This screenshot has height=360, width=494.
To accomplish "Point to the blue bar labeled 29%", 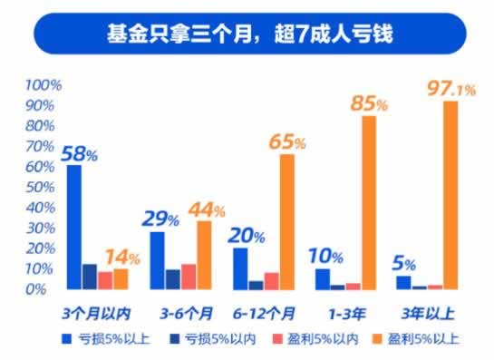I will coord(158,260).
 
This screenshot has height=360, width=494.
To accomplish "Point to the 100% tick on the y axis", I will coord(43,85).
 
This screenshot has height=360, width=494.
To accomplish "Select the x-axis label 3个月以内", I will coord(96,313).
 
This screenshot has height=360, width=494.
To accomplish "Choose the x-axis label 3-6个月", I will coord(184,313).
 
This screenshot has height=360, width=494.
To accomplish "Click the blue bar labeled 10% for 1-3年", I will coord(323,278).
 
